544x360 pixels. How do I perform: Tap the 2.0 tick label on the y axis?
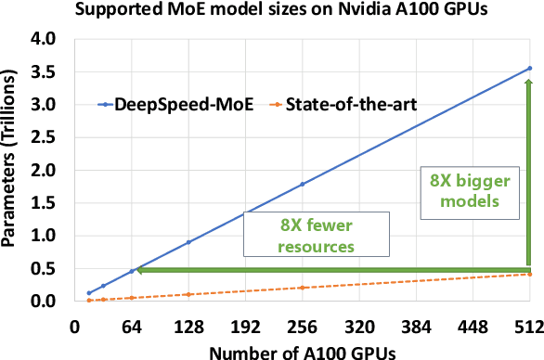[44, 171]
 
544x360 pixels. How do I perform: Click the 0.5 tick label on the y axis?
[44, 269]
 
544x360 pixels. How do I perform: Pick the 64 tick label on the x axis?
[133, 326]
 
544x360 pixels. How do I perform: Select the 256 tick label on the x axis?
[301, 326]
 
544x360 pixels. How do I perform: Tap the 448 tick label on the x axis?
[473, 326]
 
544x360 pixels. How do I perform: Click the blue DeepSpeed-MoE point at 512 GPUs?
[529, 68]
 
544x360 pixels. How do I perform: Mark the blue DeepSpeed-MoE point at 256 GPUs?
[301, 184]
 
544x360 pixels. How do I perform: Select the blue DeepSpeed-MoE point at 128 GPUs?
[188, 242]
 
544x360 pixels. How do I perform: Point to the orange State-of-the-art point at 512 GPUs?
[529, 274]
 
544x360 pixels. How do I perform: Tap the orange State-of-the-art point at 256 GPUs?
[301, 288]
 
